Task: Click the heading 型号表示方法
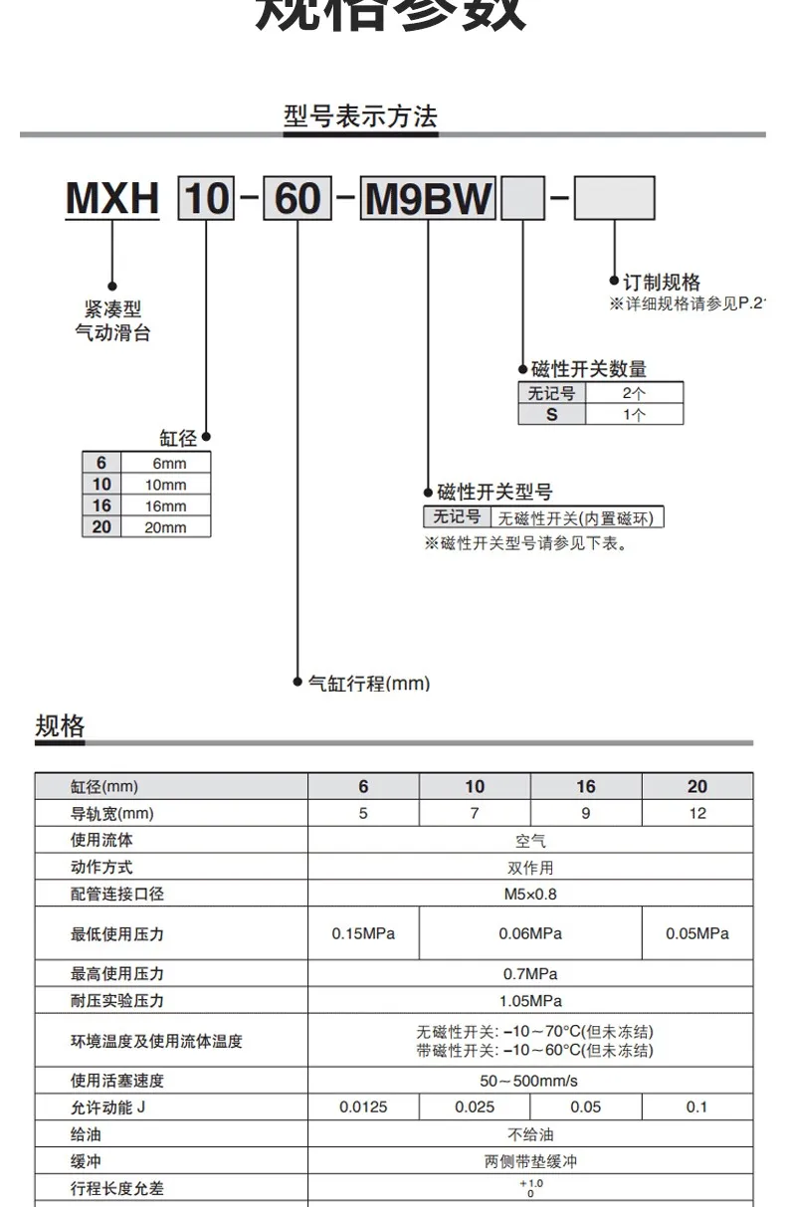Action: tap(360, 116)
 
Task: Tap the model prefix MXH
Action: tap(112, 199)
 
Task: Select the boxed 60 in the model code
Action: tap(297, 199)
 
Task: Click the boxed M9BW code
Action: tap(429, 199)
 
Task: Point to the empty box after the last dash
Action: tap(615, 199)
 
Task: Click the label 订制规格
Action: tap(661, 283)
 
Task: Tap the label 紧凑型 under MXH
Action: tap(112, 309)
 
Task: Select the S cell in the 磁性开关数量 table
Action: tap(551, 414)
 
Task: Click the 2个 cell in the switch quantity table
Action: tap(634, 393)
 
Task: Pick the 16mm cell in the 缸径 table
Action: tap(165, 505)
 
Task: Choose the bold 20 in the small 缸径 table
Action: tap(101, 526)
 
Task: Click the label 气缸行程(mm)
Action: tap(368, 684)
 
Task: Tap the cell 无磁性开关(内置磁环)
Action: tap(580, 517)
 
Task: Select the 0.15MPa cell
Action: tap(363, 933)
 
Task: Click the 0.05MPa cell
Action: tap(696, 933)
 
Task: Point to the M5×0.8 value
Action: tap(529, 894)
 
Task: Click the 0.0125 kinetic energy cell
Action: tap(363, 1106)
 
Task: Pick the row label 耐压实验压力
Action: tap(117, 1001)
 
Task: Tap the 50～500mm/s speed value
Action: tap(529, 1080)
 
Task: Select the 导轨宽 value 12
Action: tap(696, 813)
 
